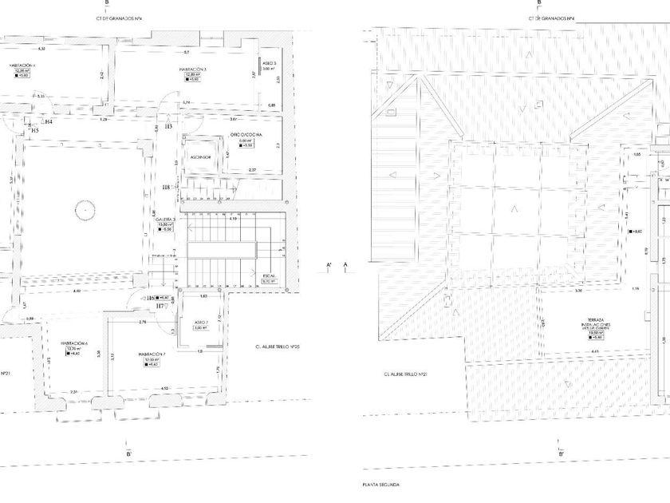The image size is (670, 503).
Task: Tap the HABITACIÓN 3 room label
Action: tap(193, 69)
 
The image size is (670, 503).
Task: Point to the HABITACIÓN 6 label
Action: tap(73, 343)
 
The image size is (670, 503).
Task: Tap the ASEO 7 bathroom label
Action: tap(200, 322)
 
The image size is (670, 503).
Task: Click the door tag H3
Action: tap(168, 126)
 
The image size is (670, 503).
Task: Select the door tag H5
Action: tap(35, 129)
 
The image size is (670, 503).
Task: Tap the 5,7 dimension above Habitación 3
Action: tap(186, 52)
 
